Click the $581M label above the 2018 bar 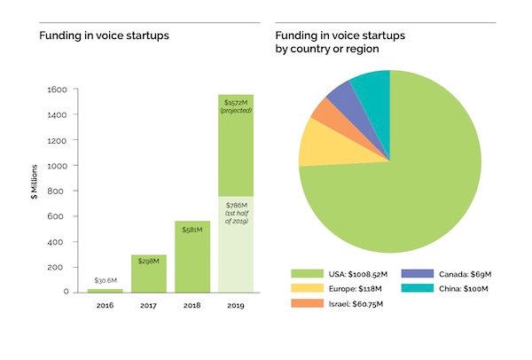pos(193,230)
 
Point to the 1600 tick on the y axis pos(59,90)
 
